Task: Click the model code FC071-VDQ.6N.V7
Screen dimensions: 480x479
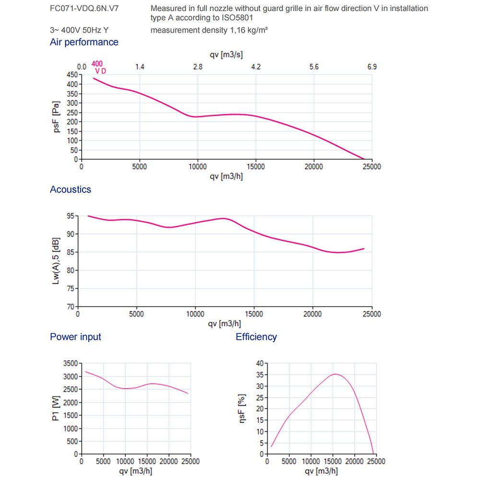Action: [x=84, y=9]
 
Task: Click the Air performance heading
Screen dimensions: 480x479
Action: [x=84, y=42]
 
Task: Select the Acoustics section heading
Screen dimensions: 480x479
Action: [x=71, y=190]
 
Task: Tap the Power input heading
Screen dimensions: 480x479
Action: [x=75, y=336]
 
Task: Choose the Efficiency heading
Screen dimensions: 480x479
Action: [x=256, y=336]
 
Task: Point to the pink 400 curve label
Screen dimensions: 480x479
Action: [x=97, y=64]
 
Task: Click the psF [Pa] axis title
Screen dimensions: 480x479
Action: [x=56, y=117]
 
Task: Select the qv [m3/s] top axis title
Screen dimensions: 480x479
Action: [x=226, y=55]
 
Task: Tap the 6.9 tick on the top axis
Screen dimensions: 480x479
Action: [x=372, y=67]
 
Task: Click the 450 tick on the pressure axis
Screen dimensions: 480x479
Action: [x=72, y=75]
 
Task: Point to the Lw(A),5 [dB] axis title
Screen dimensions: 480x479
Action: [x=56, y=261]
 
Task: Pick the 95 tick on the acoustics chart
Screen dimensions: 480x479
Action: [x=71, y=216]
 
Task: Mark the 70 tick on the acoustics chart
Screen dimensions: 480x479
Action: [x=71, y=307]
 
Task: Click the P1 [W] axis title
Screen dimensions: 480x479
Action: [x=56, y=408]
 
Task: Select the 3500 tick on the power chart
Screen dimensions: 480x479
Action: [x=71, y=363]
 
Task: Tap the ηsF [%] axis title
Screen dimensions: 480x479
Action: [x=242, y=408]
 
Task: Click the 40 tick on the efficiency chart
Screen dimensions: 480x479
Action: [x=260, y=363]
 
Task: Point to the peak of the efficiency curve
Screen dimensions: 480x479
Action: [x=335, y=374]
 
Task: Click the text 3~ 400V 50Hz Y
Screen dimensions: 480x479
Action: [x=79, y=30]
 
